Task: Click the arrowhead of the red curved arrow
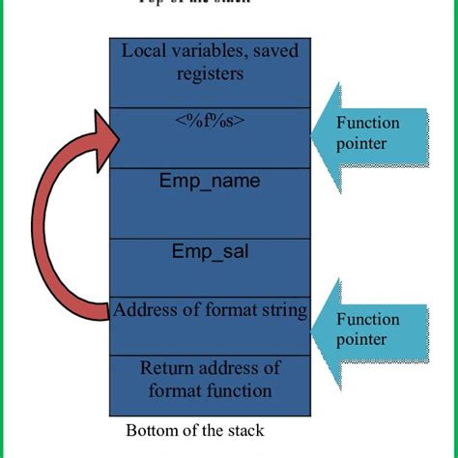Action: [x=109, y=132]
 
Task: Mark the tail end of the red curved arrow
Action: [x=106, y=309]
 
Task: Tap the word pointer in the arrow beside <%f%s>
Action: [x=362, y=143]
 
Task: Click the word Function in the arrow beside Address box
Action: [x=367, y=320]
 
